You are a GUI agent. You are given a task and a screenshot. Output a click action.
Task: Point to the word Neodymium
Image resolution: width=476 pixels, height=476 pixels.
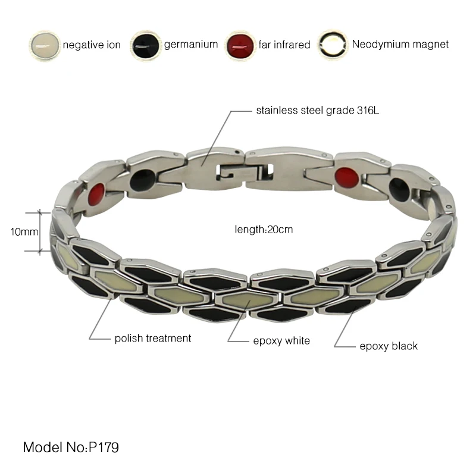[x=381, y=44]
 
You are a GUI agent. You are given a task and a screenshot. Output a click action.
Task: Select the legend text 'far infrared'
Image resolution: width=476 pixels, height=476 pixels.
[x=284, y=45]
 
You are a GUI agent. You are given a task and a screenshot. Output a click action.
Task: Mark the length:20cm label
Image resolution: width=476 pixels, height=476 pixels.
[x=264, y=229]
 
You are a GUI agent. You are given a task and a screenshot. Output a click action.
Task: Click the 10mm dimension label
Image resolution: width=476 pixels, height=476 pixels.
[x=23, y=231]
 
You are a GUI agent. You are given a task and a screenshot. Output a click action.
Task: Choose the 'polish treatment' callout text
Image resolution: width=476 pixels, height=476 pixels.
[x=153, y=338]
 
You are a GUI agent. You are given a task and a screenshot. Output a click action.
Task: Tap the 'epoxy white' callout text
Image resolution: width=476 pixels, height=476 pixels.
[x=281, y=340]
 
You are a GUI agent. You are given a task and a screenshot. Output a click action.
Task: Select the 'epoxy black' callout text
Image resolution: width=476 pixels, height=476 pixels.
[x=389, y=346]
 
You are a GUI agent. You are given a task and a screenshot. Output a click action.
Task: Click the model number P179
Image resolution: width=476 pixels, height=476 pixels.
[x=109, y=447]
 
